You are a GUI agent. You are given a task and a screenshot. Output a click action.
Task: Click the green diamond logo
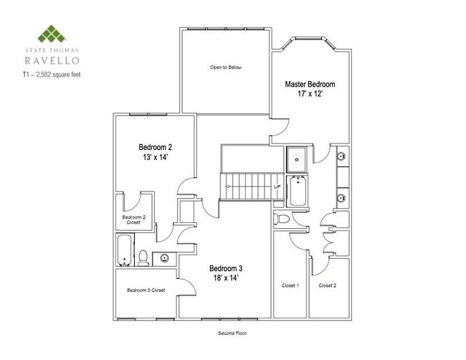pos(52,34)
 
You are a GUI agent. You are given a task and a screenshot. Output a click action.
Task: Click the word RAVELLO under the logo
pos(52,61)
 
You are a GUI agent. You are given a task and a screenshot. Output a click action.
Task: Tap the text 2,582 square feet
pos(58,75)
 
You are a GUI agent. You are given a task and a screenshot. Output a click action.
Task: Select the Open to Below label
pos(226,67)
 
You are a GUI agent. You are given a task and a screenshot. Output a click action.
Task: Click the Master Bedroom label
pos(310,84)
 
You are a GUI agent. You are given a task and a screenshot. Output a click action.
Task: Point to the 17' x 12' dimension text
pos(310,94)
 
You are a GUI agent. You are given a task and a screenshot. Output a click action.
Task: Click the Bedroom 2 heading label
pos(156,147)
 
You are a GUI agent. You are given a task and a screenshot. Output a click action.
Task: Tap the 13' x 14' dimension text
pos(156,157)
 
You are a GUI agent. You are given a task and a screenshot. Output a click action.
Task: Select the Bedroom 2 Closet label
pos(133,219)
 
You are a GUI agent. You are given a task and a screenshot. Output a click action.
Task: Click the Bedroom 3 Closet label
pos(146,290)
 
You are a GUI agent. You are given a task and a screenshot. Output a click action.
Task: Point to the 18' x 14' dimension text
pos(226,278)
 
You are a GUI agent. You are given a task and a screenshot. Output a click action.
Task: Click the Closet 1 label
pos(290,285)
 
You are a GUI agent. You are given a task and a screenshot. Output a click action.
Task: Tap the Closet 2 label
pos(328,285)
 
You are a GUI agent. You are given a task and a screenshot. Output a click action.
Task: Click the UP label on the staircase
pos(277,187)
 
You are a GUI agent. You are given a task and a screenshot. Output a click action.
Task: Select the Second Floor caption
pos(232,333)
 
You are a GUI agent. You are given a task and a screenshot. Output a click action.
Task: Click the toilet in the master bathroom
pos(281,219)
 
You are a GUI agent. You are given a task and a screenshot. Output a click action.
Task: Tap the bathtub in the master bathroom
pos(298,191)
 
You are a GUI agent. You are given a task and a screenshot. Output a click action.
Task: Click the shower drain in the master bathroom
pos(297,160)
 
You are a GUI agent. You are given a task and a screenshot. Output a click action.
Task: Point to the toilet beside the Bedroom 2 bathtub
pos(143,258)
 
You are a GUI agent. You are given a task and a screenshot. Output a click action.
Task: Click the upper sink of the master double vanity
pos(341,156)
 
